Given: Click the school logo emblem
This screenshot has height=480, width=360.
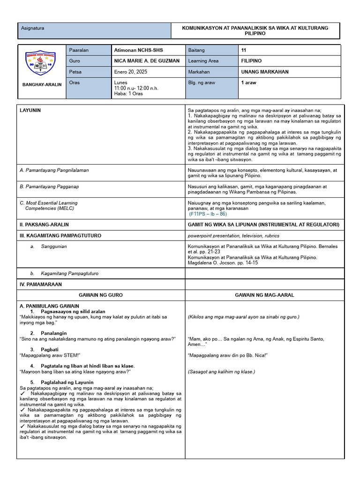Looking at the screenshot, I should (41, 64).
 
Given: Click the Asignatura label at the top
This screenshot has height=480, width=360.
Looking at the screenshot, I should (32, 28).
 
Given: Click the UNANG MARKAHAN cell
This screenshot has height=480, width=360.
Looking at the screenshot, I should (265, 72).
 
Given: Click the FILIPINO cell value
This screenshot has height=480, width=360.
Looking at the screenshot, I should (251, 61).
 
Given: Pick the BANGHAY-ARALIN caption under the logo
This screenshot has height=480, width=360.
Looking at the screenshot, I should (41, 85).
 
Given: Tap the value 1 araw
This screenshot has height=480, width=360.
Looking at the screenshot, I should (249, 82).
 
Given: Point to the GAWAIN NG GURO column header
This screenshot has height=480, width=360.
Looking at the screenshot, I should (101, 295).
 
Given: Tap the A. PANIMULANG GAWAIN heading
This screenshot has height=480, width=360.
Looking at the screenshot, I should (49, 306).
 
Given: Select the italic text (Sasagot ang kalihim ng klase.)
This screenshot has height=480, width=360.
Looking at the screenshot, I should (221, 372).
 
